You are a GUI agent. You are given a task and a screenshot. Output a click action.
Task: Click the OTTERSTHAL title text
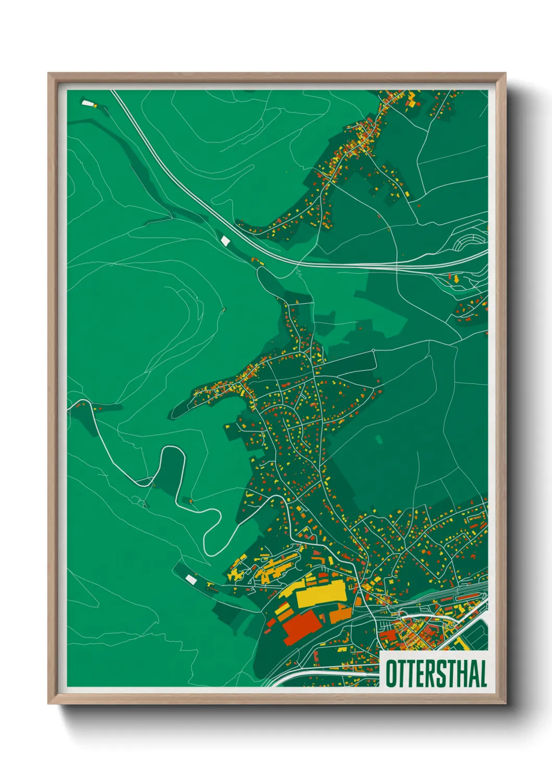point(436,674)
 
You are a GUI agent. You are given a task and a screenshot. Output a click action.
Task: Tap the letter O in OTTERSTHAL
point(391,674)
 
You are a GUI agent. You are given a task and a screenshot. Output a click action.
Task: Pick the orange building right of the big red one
point(338,613)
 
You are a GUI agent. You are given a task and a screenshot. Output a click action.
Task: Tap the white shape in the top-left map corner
point(87,103)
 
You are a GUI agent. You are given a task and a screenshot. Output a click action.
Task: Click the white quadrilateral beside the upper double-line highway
point(225,240)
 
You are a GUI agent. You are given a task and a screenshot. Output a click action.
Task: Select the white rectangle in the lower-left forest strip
point(191,579)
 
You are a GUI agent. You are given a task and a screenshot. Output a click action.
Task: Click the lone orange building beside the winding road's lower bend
point(190,501)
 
